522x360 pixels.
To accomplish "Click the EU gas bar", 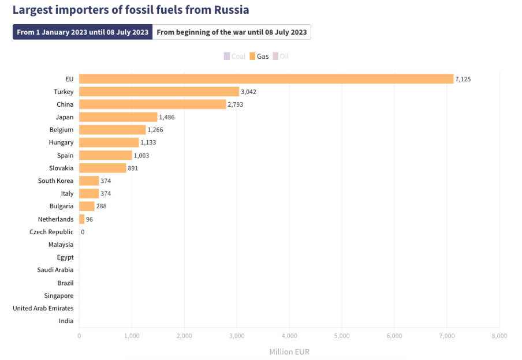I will [x=266, y=79].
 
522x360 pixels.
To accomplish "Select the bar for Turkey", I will [x=159, y=92].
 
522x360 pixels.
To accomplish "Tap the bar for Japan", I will [x=118, y=117].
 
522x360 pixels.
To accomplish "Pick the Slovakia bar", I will [x=102, y=168].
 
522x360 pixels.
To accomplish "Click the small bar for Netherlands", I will [x=81, y=219].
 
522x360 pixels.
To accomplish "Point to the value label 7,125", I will [x=463, y=79].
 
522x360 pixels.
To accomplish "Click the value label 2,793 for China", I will [x=236, y=104].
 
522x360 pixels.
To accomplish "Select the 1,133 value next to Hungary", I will [x=148, y=142].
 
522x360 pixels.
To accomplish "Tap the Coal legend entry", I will [x=234, y=57].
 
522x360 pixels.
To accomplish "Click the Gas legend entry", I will [x=259, y=57].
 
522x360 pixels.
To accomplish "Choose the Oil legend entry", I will [x=281, y=57].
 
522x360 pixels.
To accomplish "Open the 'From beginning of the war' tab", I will [x=232, y=32].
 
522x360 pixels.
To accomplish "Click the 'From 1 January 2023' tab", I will [x=83, y=32].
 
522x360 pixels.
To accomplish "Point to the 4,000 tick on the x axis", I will [x=289, y=335].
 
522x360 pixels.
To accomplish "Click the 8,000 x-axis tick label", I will [x=499, y=335].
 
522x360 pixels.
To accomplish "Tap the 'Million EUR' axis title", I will [x=289, y=351].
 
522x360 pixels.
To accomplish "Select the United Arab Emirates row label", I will [x=43, y=308].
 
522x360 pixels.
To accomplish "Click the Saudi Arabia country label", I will [x=55, y=270].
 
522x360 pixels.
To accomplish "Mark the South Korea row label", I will [x=56, y=181].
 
